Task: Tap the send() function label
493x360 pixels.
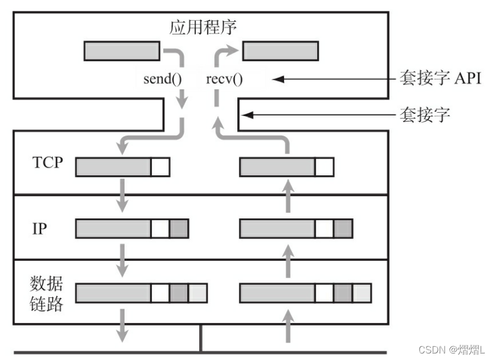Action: click(162, 79)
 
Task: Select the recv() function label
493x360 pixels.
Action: click(224, 79)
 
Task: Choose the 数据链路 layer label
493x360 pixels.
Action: click(46, 294)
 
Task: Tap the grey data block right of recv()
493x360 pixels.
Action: click(280, 51)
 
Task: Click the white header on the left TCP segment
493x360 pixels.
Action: click(161, 167)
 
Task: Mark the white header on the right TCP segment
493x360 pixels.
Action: click(325, 167)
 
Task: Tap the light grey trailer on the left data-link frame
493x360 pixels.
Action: click(198, 293)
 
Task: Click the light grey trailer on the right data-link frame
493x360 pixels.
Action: click(362, 293)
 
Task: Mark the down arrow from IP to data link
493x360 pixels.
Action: click(123, 261)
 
